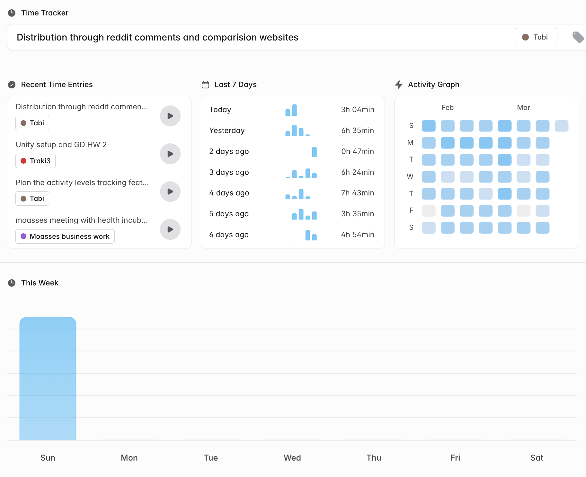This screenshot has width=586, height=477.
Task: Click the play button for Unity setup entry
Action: coord(170,154)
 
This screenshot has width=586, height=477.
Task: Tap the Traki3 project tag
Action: coord(35,161)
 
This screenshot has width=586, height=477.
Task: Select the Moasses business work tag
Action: coord(65,236)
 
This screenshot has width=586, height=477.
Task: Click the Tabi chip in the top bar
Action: coord(536,37)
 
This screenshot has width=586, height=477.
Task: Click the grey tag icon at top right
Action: coord(578,37)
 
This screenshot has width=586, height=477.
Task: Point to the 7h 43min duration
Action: coord(357,193)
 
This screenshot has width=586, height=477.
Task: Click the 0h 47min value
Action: coord(357,151)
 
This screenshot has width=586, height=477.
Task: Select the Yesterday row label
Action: coord(227,130)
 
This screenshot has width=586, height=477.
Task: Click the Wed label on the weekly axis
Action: coord(292,458)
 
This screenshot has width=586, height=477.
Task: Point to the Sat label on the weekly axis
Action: coord(537,458)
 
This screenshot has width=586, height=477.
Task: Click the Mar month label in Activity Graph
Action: coord(523,108)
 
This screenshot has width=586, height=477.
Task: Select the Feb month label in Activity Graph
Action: coord(447,108)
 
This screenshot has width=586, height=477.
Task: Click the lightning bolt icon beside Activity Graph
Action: coord(399,85)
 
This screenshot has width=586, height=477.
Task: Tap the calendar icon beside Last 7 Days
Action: coord(205,85)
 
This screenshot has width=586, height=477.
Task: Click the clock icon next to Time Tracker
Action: coord(12,13)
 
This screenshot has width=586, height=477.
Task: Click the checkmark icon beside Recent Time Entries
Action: coord(12,85)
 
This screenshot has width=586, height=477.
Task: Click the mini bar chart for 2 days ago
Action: coord(314,152)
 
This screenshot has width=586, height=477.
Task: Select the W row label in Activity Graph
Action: coord(410,176)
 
